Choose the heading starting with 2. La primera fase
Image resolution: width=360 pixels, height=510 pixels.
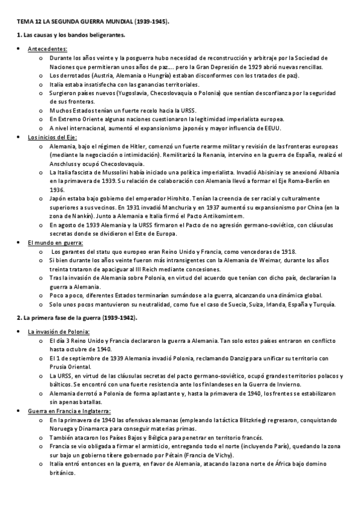coord(76,318)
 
